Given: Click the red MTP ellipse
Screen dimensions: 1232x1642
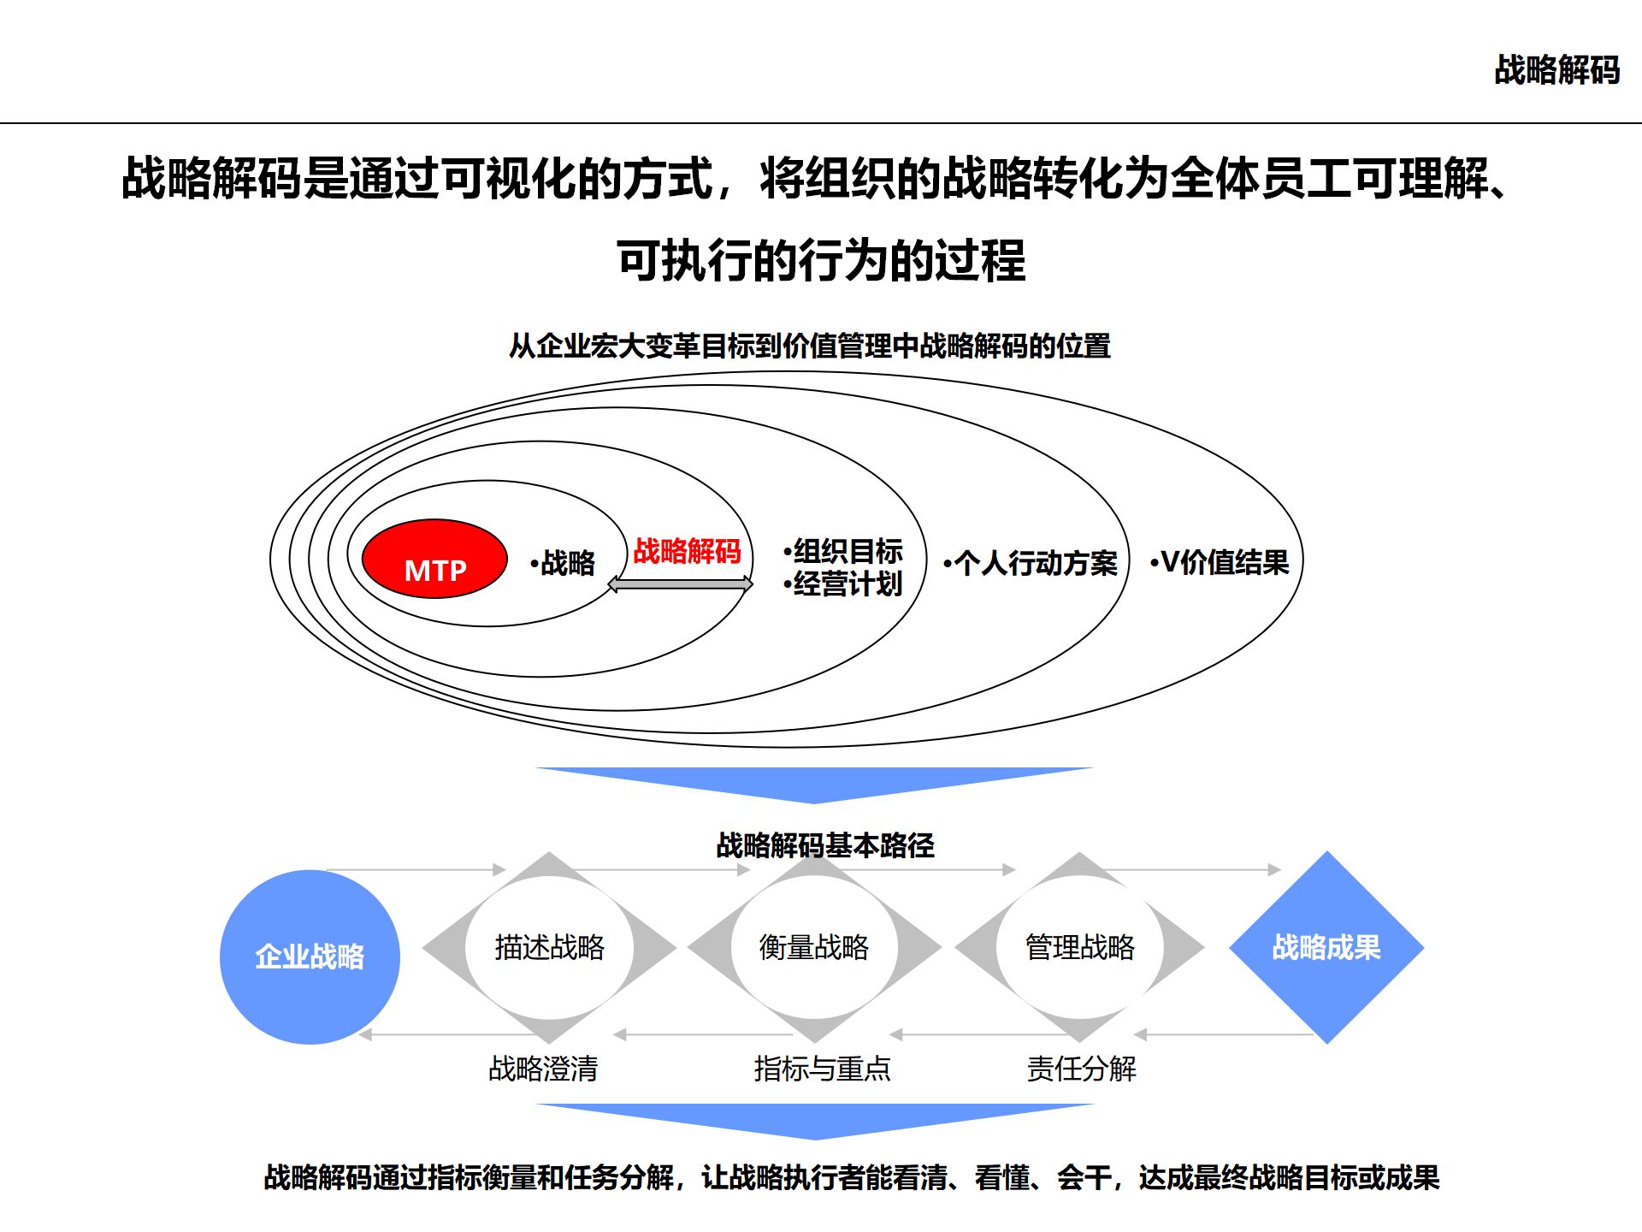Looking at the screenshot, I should click(434, 560).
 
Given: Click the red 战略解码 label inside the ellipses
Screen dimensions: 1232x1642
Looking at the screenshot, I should click(687, 551).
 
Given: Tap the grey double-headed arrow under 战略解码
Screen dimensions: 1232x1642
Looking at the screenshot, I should click(680, 584).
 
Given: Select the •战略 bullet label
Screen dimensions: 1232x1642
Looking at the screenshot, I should click(563, 563).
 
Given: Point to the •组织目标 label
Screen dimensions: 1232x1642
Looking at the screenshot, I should click(843, 550).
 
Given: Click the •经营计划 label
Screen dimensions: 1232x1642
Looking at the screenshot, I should click(843, 584).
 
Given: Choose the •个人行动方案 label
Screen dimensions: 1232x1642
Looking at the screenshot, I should click(1031, 563).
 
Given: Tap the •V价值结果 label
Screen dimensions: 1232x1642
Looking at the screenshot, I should click(1220, 562).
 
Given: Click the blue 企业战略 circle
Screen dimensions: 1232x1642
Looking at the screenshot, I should click(310, 957).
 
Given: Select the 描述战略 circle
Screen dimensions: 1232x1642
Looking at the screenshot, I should click(549, 947).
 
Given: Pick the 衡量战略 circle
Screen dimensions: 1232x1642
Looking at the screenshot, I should click(814, 947).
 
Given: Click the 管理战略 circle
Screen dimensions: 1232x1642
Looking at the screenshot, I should click(1080, 947).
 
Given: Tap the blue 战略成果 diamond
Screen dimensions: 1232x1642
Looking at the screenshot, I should click(1326, 947).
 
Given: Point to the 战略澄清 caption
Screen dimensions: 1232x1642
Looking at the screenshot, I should click(543, 1069).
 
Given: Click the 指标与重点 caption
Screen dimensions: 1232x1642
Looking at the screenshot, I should click(822, 1069).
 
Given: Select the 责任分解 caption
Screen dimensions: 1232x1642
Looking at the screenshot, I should click(1082, 1069).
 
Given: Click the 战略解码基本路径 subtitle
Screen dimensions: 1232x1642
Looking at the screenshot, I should click(825, 845).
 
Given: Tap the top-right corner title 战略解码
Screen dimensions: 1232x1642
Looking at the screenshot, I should click(1556, 70).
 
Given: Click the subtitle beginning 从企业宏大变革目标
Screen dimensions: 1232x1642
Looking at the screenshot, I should click(809, 346).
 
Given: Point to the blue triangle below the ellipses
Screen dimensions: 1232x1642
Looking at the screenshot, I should click(814, 782).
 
